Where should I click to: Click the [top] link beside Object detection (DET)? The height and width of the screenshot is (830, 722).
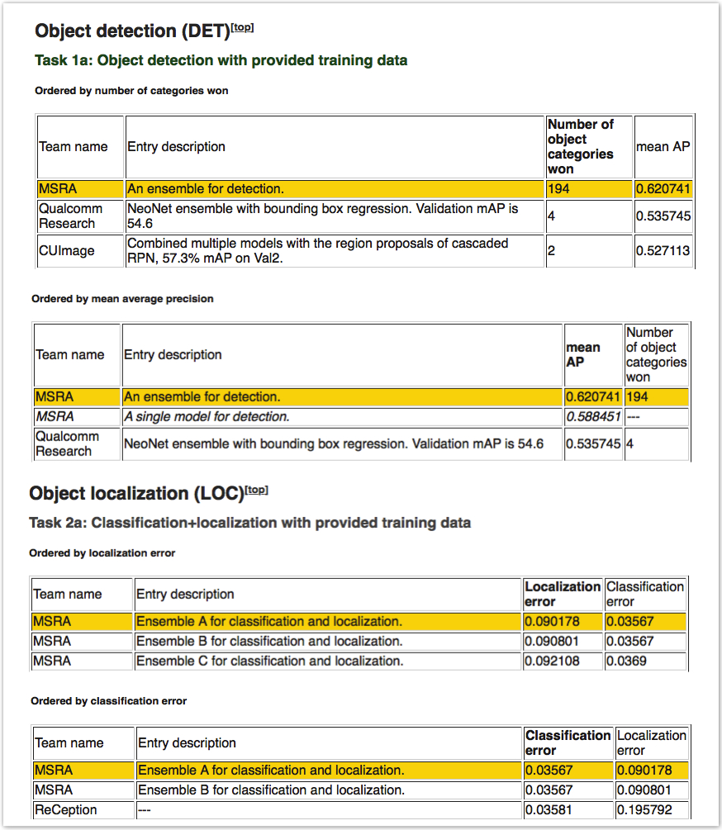(242, 28)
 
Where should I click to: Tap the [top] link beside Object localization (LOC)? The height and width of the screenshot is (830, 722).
(257, 491)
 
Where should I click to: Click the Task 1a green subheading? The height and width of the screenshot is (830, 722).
(221, 60)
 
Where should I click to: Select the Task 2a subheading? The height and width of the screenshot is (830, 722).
(249, 523)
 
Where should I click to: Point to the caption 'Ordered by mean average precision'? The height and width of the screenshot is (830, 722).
(122, 299)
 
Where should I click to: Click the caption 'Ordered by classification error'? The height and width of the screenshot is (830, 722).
(108, 701)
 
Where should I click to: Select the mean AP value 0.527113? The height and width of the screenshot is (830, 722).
(663, 251)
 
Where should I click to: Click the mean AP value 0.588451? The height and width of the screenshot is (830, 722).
(592, 417)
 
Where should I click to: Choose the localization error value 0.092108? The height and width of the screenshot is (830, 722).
(551, 661)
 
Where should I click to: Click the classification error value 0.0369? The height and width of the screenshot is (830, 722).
(627, 661)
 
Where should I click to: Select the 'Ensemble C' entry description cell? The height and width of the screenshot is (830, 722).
(269, 661)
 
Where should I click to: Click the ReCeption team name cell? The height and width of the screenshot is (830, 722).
(65, 810)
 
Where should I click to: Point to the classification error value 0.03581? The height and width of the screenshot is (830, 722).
(549, 810)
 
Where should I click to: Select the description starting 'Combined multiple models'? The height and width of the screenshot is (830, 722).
(318, 250)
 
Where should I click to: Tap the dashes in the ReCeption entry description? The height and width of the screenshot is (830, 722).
(145, 810)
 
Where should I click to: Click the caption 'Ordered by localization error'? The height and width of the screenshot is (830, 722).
(102, 553)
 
